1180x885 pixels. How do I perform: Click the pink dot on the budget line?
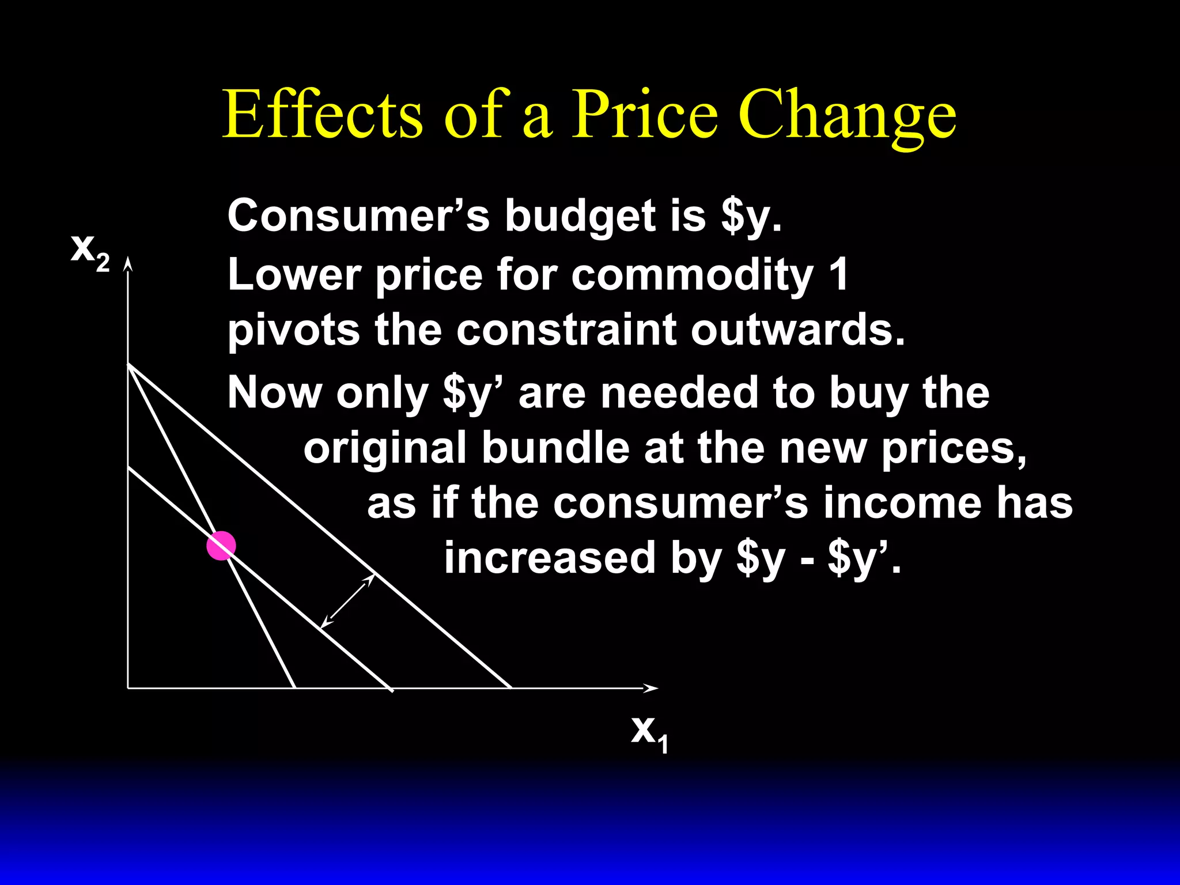coord(221,546)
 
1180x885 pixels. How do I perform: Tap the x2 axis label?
coord(90,251)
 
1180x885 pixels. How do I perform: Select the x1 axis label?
coord(649,733)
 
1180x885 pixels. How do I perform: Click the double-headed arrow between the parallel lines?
coord(347,601)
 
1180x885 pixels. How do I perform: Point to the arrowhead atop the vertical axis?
coord(128,264)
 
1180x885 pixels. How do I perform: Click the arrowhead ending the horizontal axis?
coord(651,688)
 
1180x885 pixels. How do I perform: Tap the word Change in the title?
coord(847,115)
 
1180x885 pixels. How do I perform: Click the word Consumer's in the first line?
coord(358,215)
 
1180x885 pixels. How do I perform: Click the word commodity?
coord(692,275)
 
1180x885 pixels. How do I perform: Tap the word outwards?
coord(798,330)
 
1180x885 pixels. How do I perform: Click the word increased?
coord(550,558)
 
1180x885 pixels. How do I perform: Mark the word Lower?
coord(294,274)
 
